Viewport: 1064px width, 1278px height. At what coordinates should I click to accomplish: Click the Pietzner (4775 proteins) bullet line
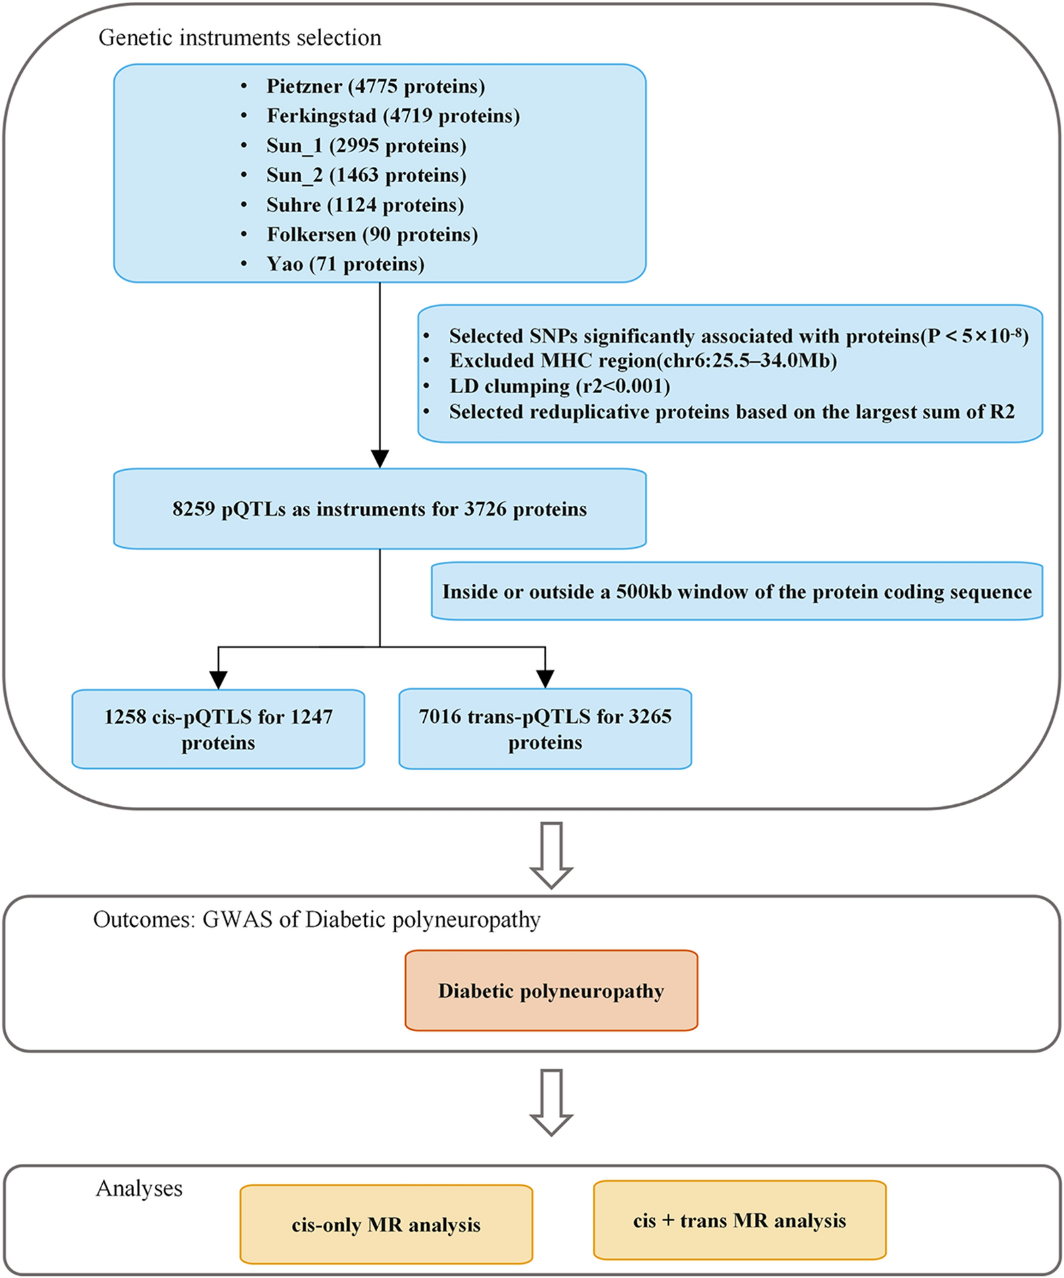pyautogui.click(x=375, y=87)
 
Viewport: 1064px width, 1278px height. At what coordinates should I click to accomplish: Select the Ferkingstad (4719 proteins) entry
pyautogui.click(x=392, y=116)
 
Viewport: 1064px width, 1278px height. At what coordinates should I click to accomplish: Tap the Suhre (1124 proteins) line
pyautogui.click(x=364, y=205)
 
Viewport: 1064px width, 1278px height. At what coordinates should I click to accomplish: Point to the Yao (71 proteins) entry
pyautogui.click(x=345, y=264)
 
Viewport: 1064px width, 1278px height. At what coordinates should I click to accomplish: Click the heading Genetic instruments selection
pyautogui.click(x=240, y=38)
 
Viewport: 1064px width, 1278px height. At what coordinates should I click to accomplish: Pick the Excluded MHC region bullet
pyautogui.click(x=642, y=361)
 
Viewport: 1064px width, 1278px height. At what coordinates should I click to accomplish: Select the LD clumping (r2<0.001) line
pyautogui.click(x=559, y=386)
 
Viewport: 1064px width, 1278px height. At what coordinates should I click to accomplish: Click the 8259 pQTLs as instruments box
pyautogui.click(x=379, y=509)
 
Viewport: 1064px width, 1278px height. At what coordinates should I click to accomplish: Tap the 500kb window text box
pyautogui.click(x=736, y=592)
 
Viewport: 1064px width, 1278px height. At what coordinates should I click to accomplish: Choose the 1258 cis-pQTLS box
pyautogui.click(x=218, y=729)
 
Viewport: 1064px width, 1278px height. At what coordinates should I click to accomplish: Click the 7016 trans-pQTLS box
pyautogui.click(x=545, y=729)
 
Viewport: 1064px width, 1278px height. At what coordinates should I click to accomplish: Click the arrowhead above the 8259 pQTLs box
pyautogui.click(x=380, y=459)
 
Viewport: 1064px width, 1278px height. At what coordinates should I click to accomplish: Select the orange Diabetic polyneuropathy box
pyautogui.click(x=551, y=991)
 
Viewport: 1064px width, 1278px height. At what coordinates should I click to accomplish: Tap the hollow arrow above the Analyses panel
pyautogui.click(x=551, y=1103)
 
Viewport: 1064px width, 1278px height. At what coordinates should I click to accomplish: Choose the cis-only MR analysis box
pyautogui.click(x=386, y=1225)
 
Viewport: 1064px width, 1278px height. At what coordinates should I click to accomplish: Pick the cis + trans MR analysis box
pyautogui.click(x=739, y=1221)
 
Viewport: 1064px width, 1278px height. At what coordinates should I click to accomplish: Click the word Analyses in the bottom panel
pyautogui.click(x=139, y=1189)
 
